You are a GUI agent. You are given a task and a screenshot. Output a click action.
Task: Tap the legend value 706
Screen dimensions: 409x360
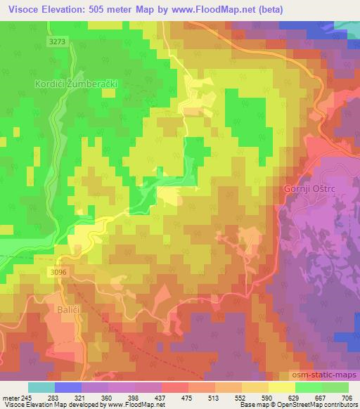[x=347, y=397]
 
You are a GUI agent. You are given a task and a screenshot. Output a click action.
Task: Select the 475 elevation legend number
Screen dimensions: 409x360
[x=187, y=397]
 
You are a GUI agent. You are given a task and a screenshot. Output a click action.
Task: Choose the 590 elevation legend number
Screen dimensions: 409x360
[x=268, y=397]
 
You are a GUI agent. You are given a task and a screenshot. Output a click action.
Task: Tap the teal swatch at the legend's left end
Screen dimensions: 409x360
[x=41, y=387]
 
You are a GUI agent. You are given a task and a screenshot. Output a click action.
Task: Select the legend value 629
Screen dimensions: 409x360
[x=295, y=397]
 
